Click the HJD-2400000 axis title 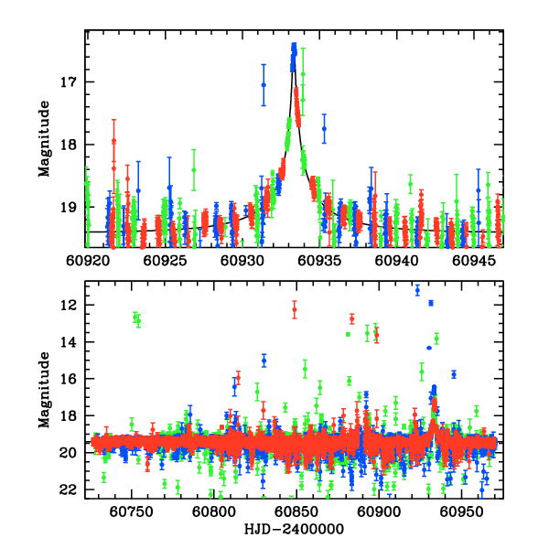tap(295, 530)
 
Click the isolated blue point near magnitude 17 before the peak tap(264, 84)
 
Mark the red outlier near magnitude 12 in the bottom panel tap(295, 309)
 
